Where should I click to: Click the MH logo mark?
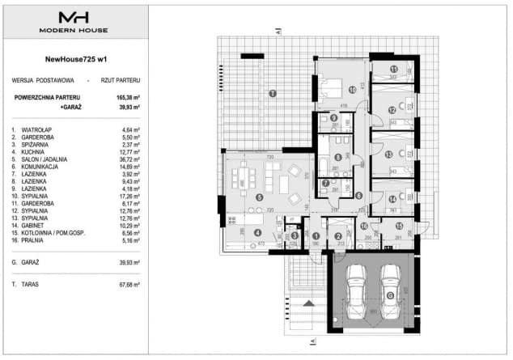[73, 19]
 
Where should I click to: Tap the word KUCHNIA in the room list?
[39, 152]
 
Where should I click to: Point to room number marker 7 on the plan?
[324, 183]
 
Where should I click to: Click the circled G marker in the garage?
[390, 295]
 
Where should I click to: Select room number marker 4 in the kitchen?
[258, 233]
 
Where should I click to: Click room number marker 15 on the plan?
[400, 227]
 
